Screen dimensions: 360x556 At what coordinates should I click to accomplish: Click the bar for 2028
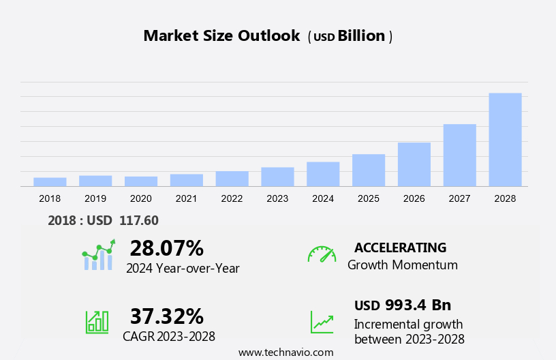click(505, 139)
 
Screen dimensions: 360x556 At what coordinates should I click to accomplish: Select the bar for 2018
click(50, 181)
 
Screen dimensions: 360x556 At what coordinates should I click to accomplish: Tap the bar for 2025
click(369, 170)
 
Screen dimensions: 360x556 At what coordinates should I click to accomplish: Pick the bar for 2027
click(459, 155)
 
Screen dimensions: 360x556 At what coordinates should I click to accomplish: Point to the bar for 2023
click(277, 177)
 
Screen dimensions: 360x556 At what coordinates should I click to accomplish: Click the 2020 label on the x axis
click(140, 198)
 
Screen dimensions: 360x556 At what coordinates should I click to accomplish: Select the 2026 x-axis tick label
click(414, 198)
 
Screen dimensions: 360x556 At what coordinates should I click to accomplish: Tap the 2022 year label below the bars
click(232, 198)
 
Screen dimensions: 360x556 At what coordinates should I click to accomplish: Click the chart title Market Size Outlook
click(221, 36)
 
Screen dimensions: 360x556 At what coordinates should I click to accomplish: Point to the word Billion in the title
click(361, 36)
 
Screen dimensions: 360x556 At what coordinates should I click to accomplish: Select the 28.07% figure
click(166, 247)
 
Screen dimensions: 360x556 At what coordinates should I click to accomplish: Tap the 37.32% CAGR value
click(166, 316)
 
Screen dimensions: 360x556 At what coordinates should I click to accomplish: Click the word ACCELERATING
click(400, 247)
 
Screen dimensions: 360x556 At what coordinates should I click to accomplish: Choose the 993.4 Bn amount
click(418, 305)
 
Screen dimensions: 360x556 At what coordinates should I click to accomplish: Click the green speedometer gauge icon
click(322, 254)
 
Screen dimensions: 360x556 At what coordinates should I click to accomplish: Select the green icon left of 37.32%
click(97, 321)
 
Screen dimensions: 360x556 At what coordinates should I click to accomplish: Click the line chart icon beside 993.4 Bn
click(322, 321)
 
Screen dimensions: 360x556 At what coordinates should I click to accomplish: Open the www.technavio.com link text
click(285, 352)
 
